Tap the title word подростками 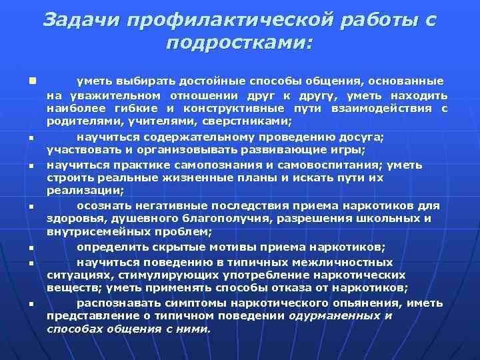[240, 44]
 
